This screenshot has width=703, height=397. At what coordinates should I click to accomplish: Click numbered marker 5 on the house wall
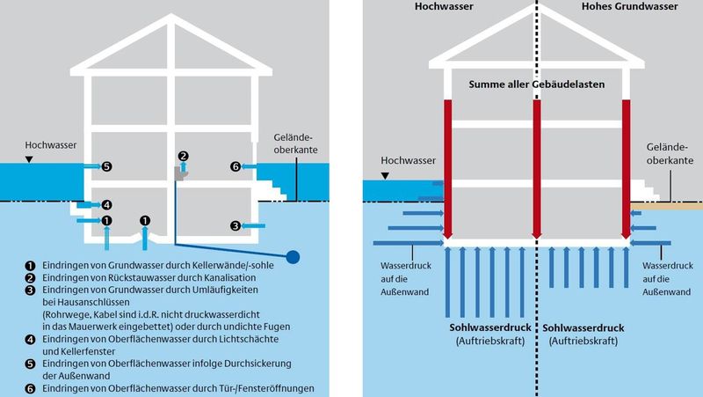coord(106,165)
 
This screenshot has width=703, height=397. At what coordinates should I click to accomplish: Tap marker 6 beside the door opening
coord(236,165)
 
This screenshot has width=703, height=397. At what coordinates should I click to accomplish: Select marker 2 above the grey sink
coord(183,156)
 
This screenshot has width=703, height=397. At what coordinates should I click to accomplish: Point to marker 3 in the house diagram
coord(236,226)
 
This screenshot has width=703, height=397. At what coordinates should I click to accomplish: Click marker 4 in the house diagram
coord(106,204)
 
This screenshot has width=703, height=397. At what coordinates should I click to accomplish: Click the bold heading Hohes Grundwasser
coord(620,7)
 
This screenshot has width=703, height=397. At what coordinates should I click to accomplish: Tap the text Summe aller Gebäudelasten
coord(536,83)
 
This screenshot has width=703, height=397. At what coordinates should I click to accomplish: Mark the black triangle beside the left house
coord(31,159)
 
